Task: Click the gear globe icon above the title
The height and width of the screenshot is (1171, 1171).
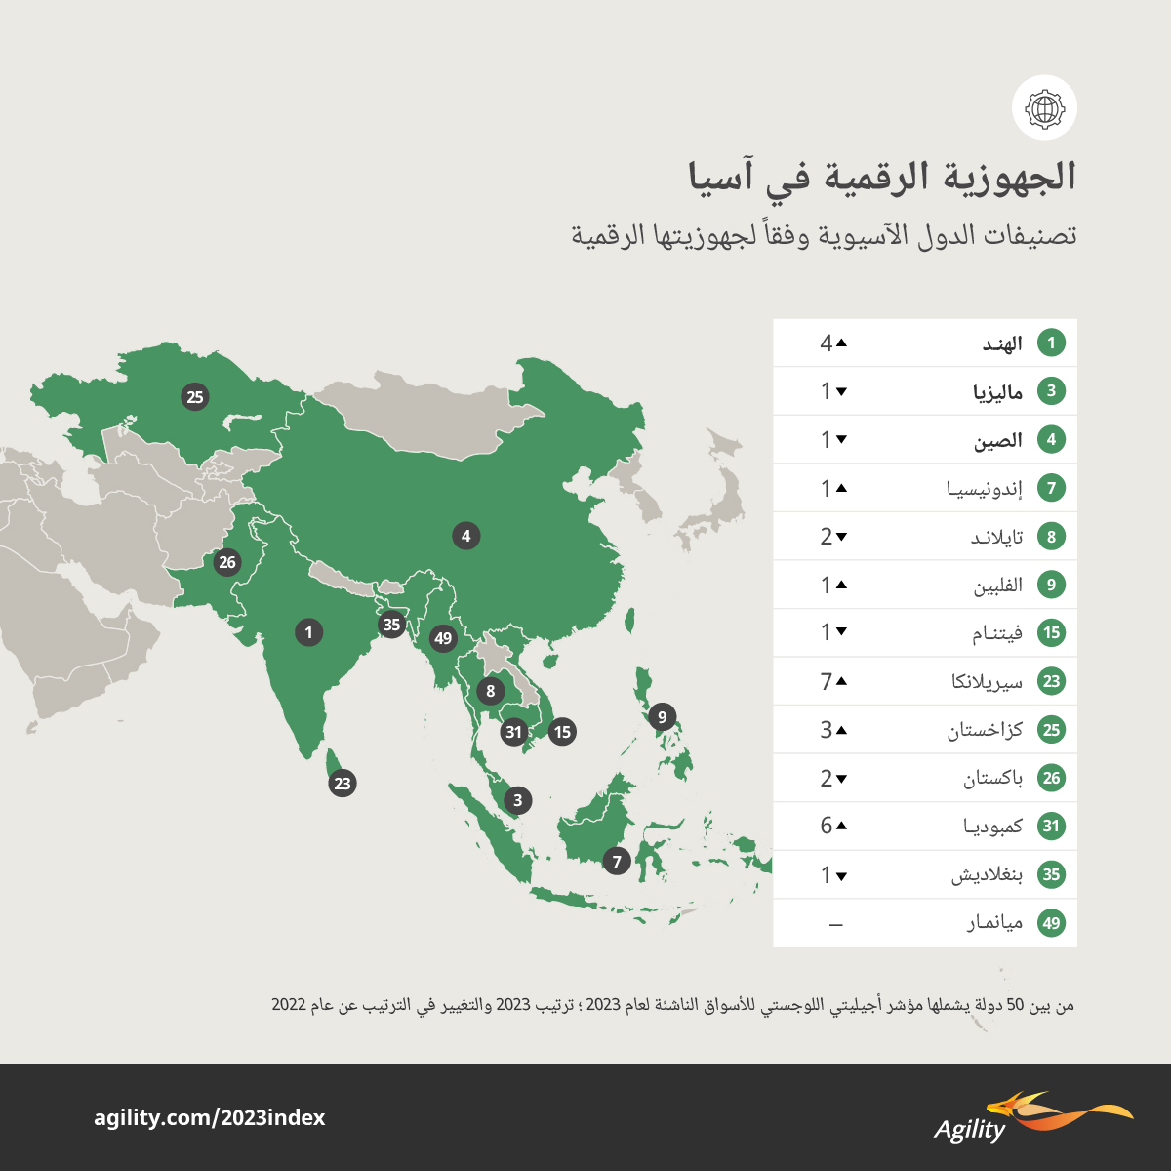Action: pyautogui.click(x=1044, y=107)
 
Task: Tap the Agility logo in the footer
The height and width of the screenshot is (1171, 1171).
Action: pyautogui.click(x=1032, y=1118)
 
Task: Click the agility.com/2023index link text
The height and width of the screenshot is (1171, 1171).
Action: pyautogui.click(x=210, y=1118)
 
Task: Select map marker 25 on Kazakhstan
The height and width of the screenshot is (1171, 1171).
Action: pyautogui.click(x=195, y=397)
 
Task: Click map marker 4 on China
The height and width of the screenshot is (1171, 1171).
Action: pyautogui.click(x=466, y=536)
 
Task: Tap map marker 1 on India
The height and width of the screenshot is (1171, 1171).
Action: pyautogui.click(x=308, y=632)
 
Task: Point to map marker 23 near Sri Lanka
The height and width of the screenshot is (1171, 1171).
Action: pyautogui.click(x=342, y=783)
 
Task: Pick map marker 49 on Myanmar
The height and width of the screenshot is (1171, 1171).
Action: pyautogui.click(x=444, y=638)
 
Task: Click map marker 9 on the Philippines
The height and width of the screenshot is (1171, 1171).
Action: pyautogui.click(x=662, y=717)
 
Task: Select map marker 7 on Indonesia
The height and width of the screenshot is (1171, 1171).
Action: pyautogui.click(x=616, y=862)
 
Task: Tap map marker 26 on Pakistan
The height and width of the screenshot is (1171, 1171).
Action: pyautogui.click(x=227, y=562)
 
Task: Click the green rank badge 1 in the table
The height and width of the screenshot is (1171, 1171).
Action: pyautogui.click(x=1051, y=343)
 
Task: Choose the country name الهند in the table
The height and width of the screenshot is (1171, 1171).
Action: pyautogui.click(x=1002, y=343)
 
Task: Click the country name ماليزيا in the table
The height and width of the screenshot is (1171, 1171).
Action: pyautogui.click(x=997, y=392)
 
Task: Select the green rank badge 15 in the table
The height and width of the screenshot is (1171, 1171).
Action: pyautogui.click(x=1051, y=633)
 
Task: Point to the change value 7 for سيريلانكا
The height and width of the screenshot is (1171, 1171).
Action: pyautogui.click(x=827, y=681)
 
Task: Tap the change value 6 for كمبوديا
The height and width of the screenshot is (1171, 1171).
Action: pyautogui.click(x=827, y=826)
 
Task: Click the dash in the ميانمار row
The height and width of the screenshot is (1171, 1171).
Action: pyautogui.click(x=835, y=923)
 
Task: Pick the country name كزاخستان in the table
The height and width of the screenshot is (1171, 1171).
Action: pyautogui.click(x=985, y=730)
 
